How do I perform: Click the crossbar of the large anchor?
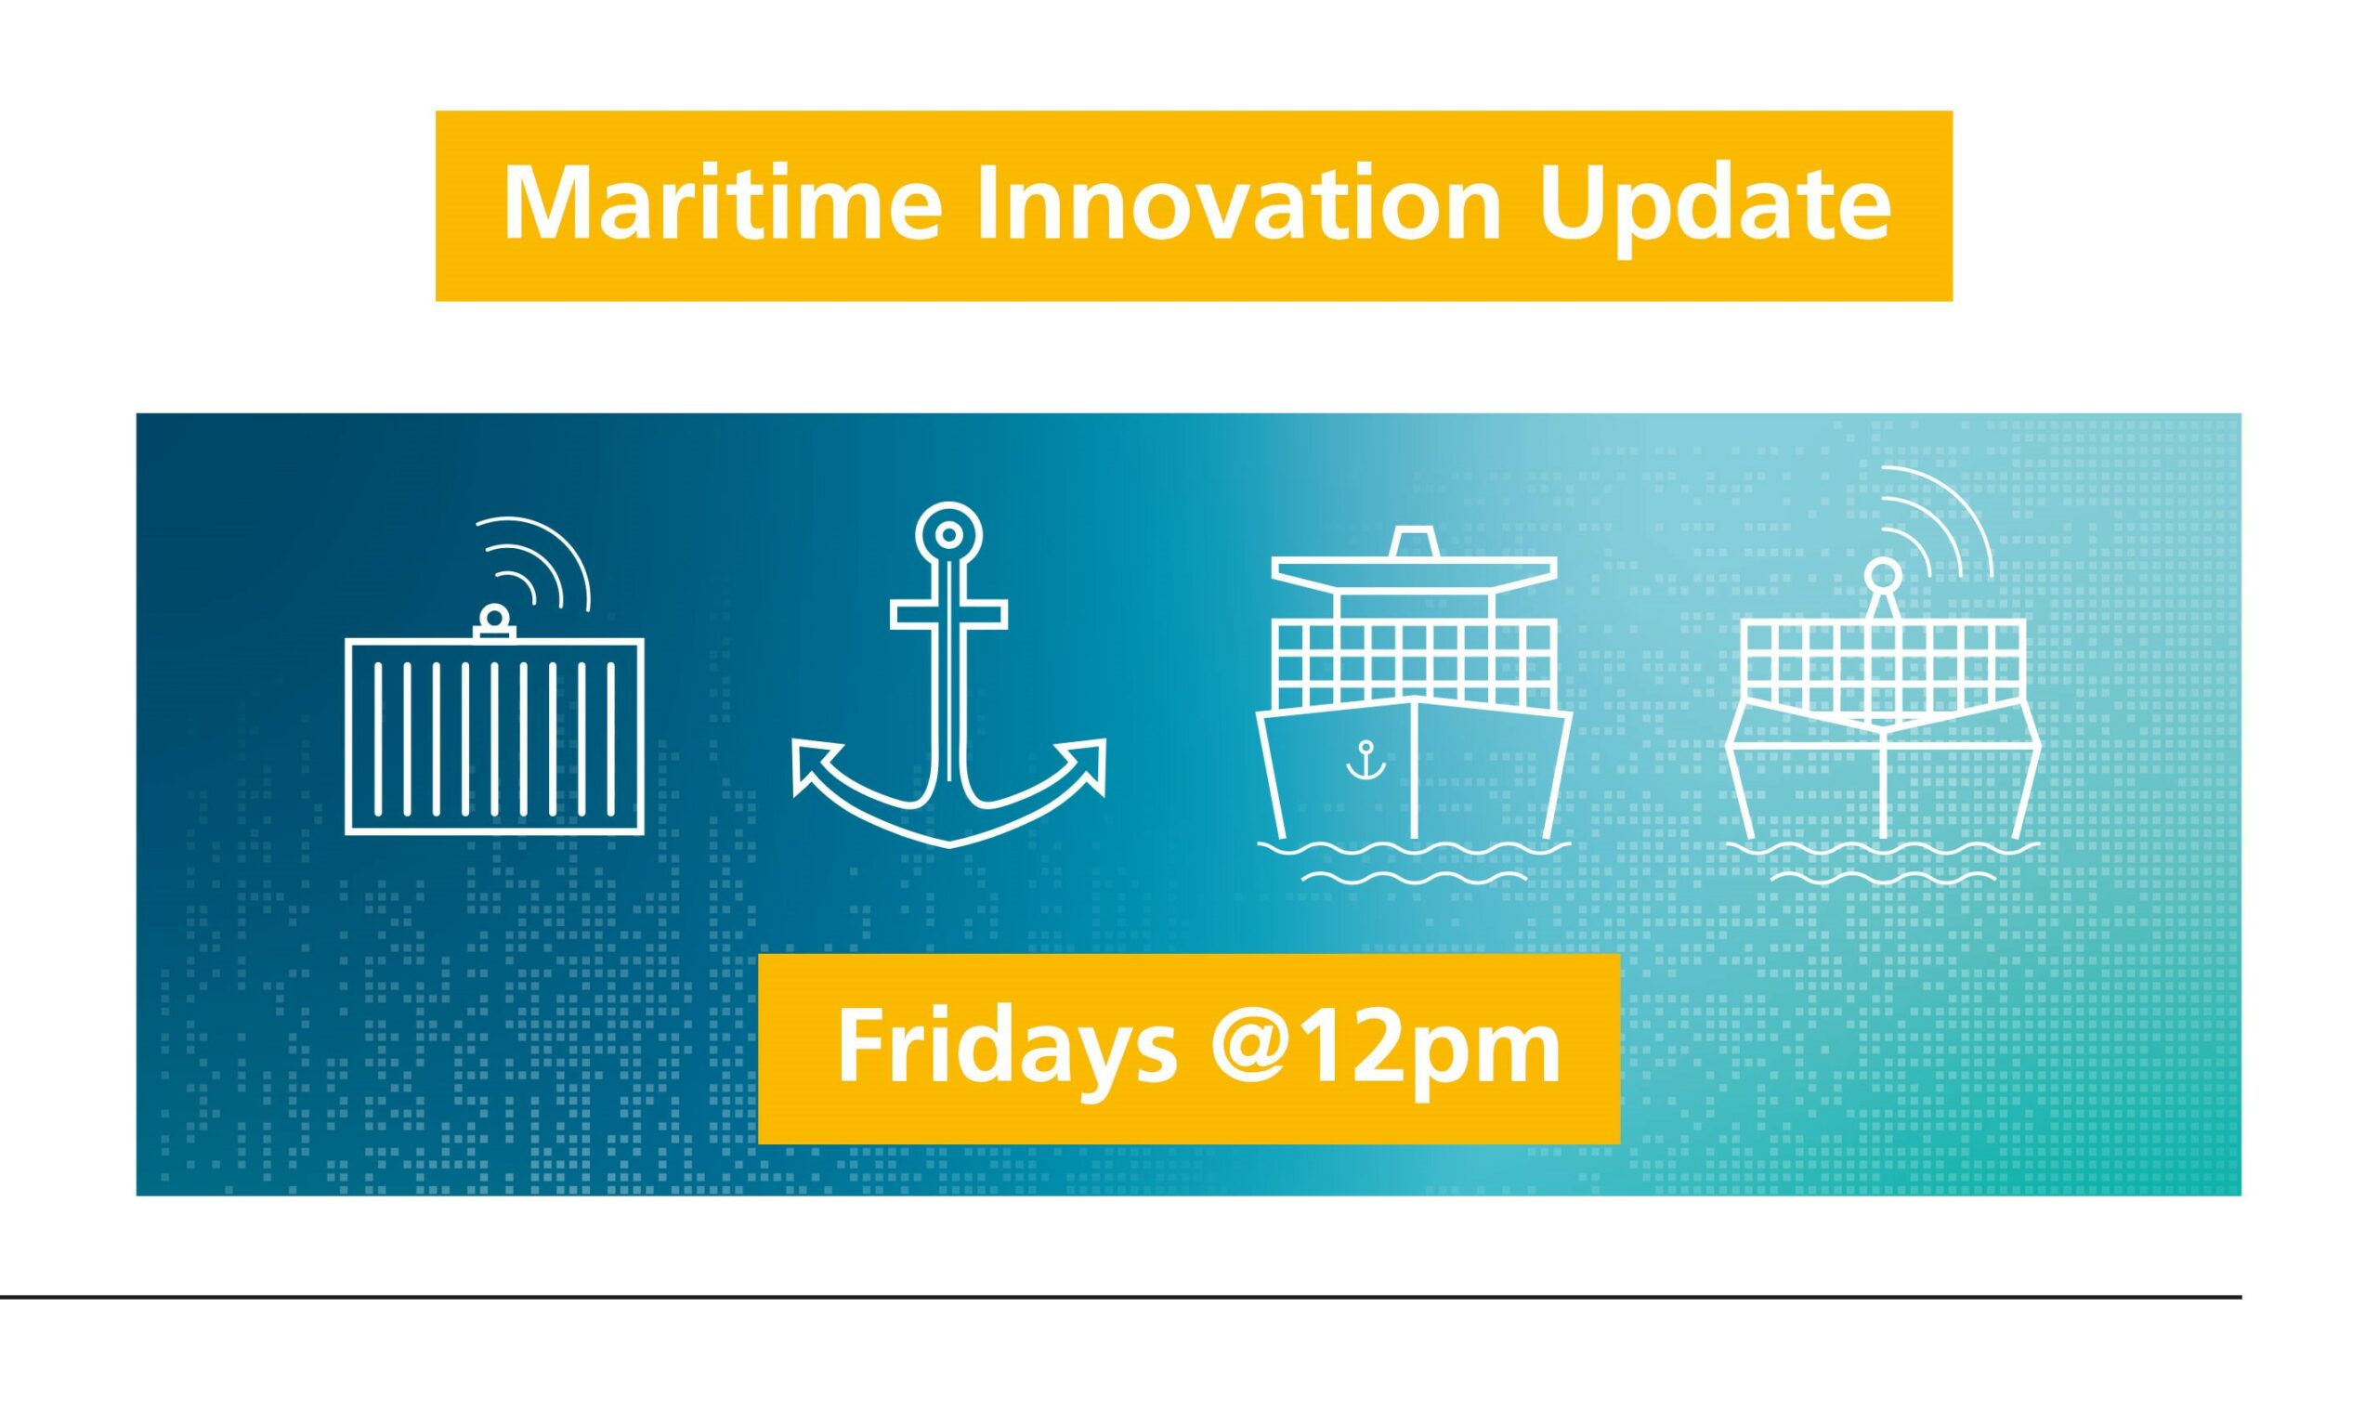(x=949, y=615)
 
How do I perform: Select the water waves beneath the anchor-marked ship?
(x=1414, y=859)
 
